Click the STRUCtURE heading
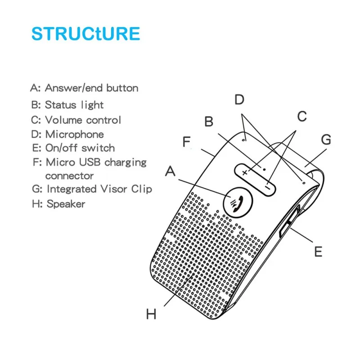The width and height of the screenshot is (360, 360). tap(85, 34)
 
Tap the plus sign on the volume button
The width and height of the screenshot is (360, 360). tap(245, 172)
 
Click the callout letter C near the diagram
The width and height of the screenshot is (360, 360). tap(302, 116)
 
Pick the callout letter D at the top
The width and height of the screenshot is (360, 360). tap(239, 99)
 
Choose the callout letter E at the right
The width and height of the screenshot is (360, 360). tap(318, 252)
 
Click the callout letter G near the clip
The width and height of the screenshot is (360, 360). tap(325, 139)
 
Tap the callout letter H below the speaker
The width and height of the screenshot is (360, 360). tap(151, 314)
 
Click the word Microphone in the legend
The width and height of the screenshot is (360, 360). tap(74, 134)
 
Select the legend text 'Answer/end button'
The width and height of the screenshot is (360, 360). tap(91, 88)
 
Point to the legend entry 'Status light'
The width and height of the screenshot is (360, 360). tap(74, 105)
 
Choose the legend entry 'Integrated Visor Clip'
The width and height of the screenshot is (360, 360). tap(99, 189)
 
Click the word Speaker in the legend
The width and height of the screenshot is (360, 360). tap(66, 204)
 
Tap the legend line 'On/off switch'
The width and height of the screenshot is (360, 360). tap(80, 148)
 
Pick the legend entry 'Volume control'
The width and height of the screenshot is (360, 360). tap(83, 120)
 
